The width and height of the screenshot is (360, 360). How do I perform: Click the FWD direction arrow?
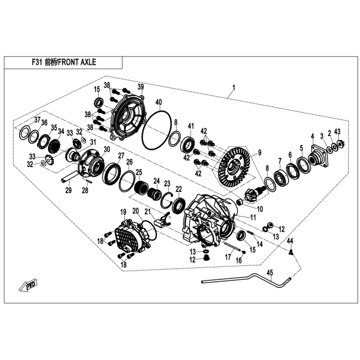(28, 285)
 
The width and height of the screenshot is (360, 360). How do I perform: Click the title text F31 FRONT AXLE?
(64, 62)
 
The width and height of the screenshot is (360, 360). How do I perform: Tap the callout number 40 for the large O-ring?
(158, 102)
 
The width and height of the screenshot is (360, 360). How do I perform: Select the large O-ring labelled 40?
(156, 131)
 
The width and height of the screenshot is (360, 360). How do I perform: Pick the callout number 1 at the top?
(233, 88)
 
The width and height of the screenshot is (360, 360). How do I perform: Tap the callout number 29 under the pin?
(68, 190)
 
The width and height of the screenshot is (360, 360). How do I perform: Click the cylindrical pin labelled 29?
(69, 177)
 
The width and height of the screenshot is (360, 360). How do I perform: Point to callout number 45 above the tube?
(270, 273)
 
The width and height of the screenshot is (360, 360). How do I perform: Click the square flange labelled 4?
(319, 156)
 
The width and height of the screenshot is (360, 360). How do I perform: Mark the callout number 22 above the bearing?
(178, 189)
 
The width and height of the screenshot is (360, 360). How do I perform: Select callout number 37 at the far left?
(38, 120)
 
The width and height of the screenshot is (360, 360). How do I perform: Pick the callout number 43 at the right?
(337, 132)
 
